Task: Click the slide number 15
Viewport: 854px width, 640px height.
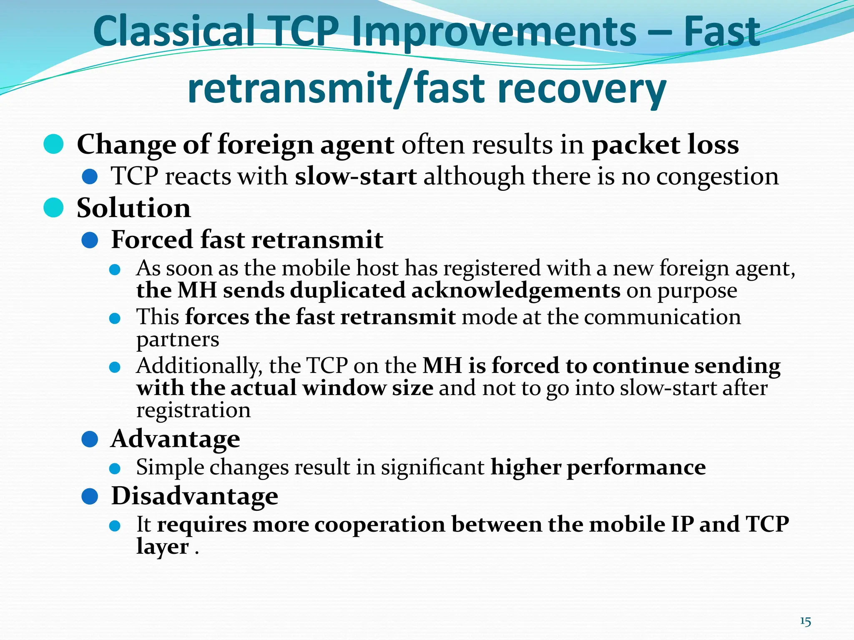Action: [x=805, y=622]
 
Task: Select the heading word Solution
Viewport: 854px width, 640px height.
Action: [x=133, y=208]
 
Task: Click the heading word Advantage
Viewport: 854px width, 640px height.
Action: [x=175, y=439]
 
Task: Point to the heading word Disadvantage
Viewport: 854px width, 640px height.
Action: [x=194, y=496]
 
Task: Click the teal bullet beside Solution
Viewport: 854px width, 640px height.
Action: [x=53, y=207]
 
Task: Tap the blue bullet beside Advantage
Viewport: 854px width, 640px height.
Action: [x=90, y=439]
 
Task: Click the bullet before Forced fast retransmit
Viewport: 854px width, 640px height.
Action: [x=90, y=240]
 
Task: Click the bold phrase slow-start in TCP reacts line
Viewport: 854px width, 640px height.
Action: [x=355, y=177]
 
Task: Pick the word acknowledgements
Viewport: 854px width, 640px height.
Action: [x=515, y=290]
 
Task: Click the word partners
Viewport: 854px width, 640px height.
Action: [x=178, y=340]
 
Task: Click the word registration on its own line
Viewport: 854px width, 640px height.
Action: [x=193, y=410]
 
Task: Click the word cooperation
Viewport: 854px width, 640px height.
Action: [x=379, y=524]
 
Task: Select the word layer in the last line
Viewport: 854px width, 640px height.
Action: [x=163, y=547]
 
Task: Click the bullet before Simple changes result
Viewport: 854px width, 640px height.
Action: [x=115, y=468]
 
